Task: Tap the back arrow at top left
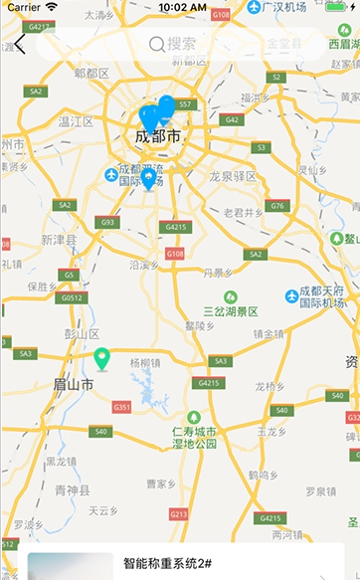[20, 45]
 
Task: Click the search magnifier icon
[156, 44]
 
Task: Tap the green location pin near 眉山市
[101, 359]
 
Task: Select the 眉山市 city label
[74, 384]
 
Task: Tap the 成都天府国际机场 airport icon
[292, 296]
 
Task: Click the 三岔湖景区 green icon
[231, 296]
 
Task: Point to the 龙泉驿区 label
[233, 176]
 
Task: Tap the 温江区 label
[76, 121]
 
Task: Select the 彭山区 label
[82, 332]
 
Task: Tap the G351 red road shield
[122, 408]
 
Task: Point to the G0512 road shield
[72, 296]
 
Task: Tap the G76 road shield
[277, 206]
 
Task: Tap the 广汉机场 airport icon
[257, 8]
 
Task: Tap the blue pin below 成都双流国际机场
[148, 179]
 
